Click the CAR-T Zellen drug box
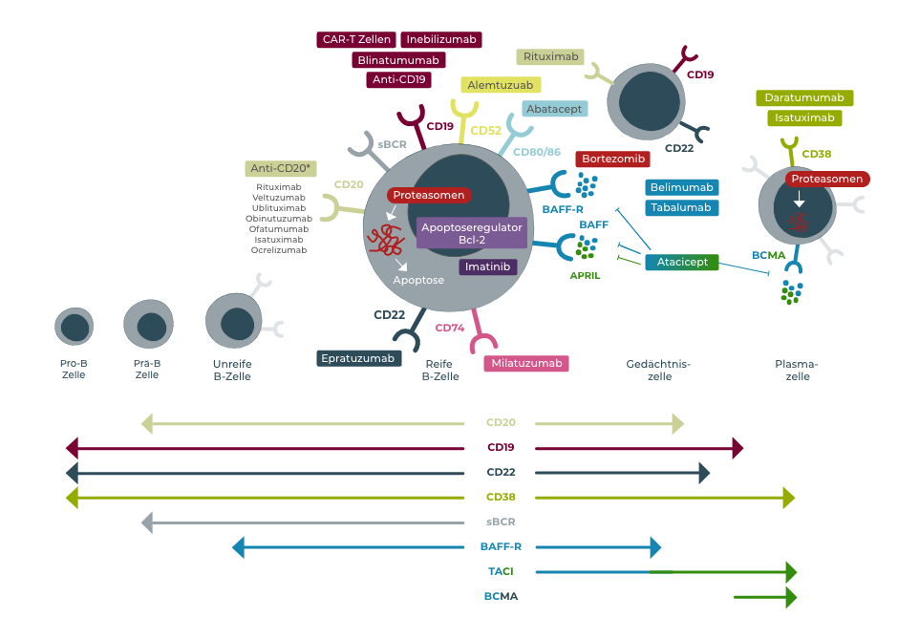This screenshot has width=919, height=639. pos(357,39)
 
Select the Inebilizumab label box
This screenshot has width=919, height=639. pos(441,39)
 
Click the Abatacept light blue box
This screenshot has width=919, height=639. pos(555,108)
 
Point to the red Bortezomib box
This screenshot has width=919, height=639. pos(612,158)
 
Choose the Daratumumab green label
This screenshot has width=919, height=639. pos(804,97)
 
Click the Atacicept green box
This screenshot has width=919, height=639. pos(681,262)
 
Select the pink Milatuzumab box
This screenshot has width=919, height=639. pos(526,363)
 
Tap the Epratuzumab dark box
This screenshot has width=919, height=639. pos(358,358)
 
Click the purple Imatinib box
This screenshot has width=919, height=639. pos(488,266)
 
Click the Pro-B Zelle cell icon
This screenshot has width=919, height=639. pos(73,327)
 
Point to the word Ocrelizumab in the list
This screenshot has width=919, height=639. pos(279,250)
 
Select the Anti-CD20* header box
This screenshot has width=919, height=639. pos(282,168)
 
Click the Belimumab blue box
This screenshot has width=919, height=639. pos(682,187)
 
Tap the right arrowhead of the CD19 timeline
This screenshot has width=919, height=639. pos(737,447)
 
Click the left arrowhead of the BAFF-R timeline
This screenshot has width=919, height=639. pos(239,547)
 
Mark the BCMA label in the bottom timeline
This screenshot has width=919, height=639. pos(501,597)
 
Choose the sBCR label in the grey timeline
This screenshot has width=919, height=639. pos(501,522)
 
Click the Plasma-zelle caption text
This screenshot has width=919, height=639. pos(798,370)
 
